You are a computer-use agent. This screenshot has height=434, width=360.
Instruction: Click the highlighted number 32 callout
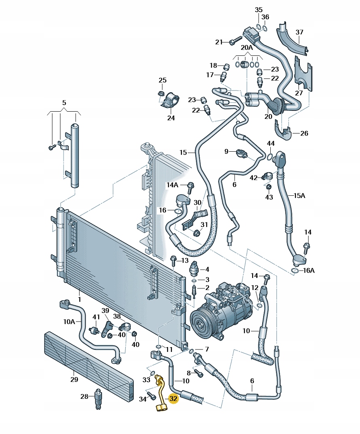pos(173,399)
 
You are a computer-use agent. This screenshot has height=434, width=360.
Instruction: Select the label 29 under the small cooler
pos(74,379)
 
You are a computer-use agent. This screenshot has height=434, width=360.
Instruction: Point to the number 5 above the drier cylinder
pos(64,102)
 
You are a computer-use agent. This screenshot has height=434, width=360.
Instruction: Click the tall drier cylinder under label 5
pos(74,156)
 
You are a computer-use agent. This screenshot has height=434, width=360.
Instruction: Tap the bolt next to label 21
pos(235,41)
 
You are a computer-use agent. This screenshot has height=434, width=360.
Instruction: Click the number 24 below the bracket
pos(171,118)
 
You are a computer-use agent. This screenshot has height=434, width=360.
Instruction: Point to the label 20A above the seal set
pos(247,47)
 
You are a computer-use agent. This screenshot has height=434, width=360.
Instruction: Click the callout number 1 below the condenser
pos(80,300)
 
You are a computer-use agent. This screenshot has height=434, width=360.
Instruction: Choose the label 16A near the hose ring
pos(309,271)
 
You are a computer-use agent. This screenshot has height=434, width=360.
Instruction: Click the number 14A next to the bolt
pos(173,185)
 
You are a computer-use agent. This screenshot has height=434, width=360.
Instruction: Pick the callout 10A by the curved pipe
pos(69,322)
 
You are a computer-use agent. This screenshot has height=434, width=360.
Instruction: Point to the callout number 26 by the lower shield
pos(304,133)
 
